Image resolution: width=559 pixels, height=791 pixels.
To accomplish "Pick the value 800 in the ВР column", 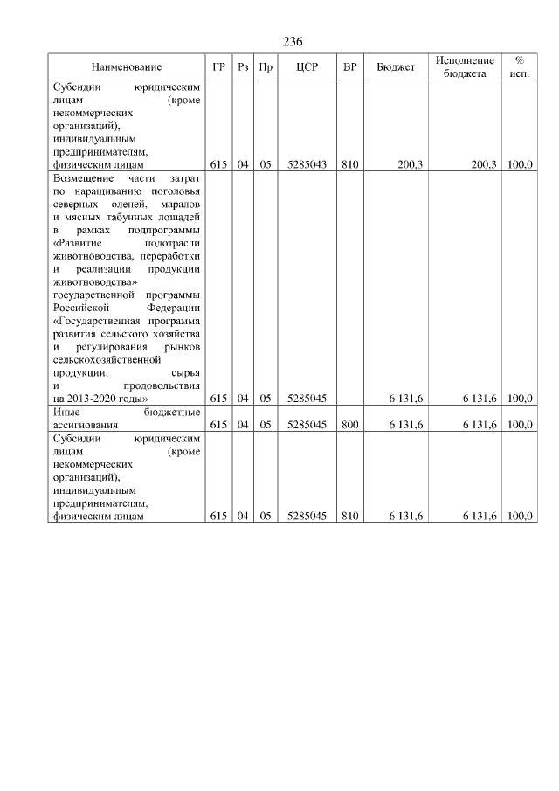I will pos(349,424).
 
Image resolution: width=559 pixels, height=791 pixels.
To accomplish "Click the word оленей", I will pos(135,203).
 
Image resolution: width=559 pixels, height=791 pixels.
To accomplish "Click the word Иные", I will pos(66,412).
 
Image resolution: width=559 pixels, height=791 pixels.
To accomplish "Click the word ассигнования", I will pos(86,424).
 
